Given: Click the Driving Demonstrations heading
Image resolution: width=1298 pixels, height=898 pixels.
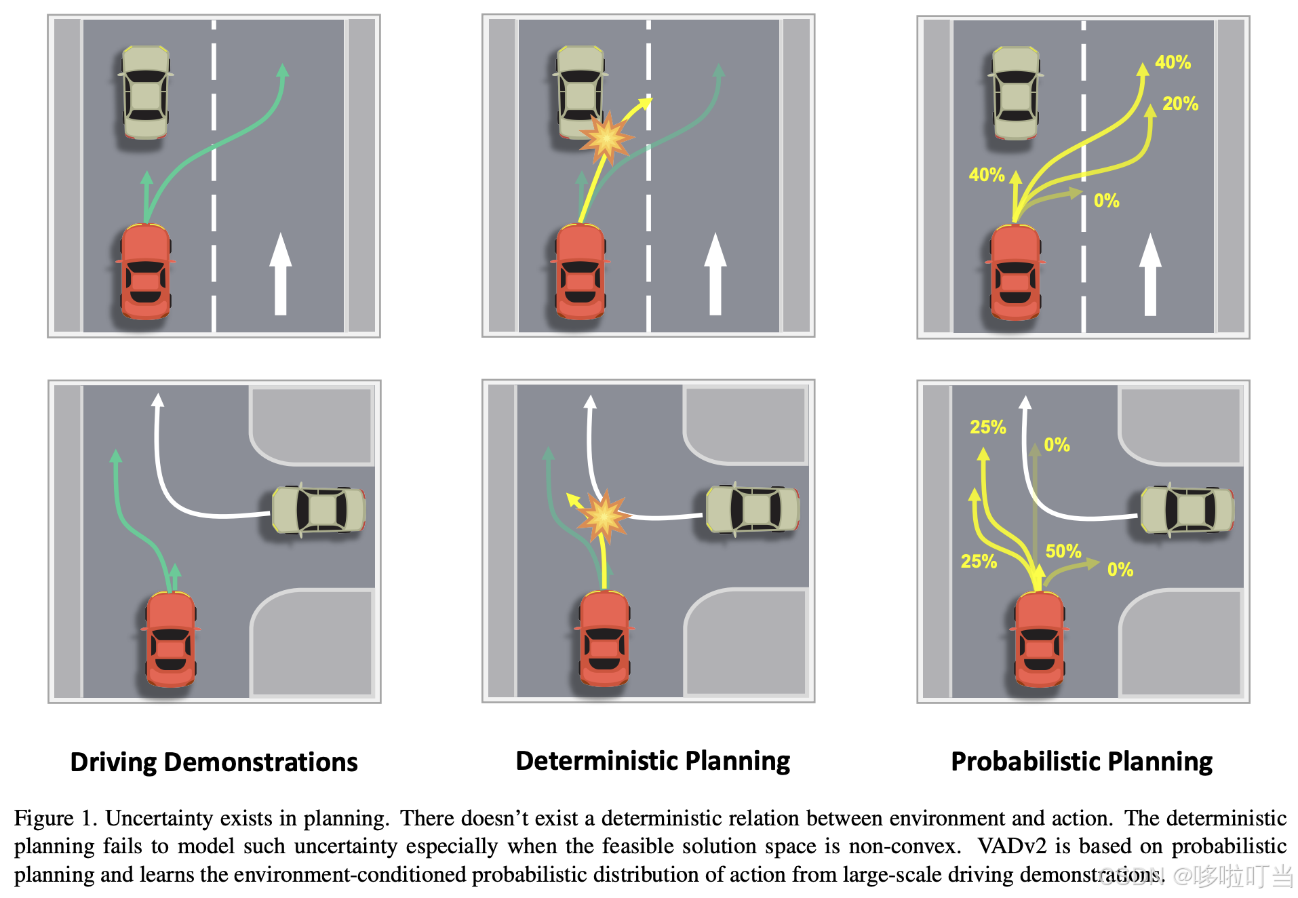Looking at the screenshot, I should coord(214,762).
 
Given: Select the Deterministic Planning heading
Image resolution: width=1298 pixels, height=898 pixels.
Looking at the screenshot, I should coord(652,761).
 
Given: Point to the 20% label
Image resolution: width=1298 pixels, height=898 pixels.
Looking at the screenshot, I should coord(1180,104).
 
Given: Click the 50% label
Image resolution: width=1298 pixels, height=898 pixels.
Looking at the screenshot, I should coord(1063,551).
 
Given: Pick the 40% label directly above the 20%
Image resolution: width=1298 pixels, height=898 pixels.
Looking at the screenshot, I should coord(1173,62).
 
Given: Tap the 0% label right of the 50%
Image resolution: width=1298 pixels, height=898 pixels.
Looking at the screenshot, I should coord(1120,570).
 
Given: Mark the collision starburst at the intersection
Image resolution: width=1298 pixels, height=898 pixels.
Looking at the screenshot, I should coord(603,516).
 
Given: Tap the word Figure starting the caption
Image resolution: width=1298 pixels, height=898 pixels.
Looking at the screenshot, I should coord(43,818).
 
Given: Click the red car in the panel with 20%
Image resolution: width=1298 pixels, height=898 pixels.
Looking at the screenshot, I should coord(1015,271).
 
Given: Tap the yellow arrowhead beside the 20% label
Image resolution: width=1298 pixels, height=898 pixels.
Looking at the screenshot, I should coord(1149,111).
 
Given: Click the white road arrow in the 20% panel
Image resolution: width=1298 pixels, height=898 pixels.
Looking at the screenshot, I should coord(1150,274).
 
